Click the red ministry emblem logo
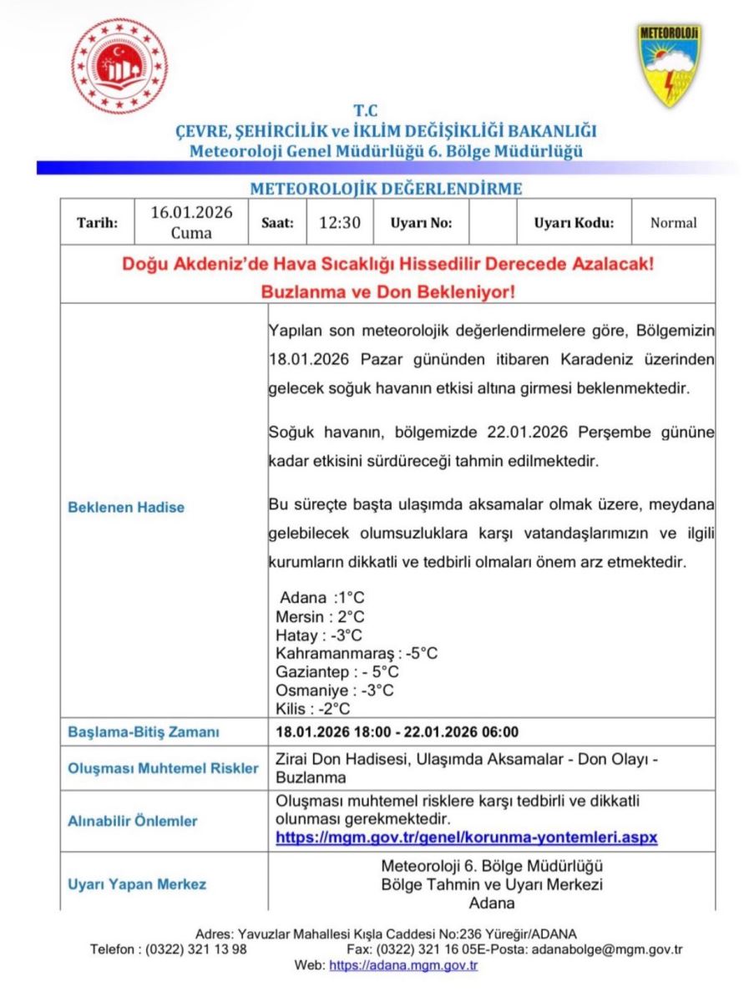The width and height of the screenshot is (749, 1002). (x=119, y=66)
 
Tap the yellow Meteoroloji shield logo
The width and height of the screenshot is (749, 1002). (x=670, y=64)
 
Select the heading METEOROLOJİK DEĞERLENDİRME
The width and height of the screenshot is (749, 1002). (x=387, y=188)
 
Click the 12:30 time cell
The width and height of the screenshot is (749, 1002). (x=340, y=223)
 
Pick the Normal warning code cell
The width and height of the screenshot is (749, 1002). (x=673, y=223)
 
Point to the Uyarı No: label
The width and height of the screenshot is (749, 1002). (x=421, y=223)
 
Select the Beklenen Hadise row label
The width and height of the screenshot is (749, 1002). (x=126, y=507)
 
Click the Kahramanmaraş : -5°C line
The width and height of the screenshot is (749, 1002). (x=357, y=653)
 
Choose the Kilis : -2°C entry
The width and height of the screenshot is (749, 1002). (x=312, y=709)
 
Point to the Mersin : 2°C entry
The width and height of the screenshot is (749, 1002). (x=320, y=617)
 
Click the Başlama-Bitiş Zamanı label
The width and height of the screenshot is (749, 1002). (x=143, y=732)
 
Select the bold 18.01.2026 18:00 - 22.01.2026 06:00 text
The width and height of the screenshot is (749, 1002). (x=397, y=732)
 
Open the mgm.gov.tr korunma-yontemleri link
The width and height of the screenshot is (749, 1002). (x=467, y=836)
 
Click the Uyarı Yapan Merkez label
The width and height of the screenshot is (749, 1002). (x=137, y=883)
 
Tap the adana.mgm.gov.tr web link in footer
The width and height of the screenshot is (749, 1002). (x=403, y=965)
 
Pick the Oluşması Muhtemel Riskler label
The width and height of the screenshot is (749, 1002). (x=163, y=768)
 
